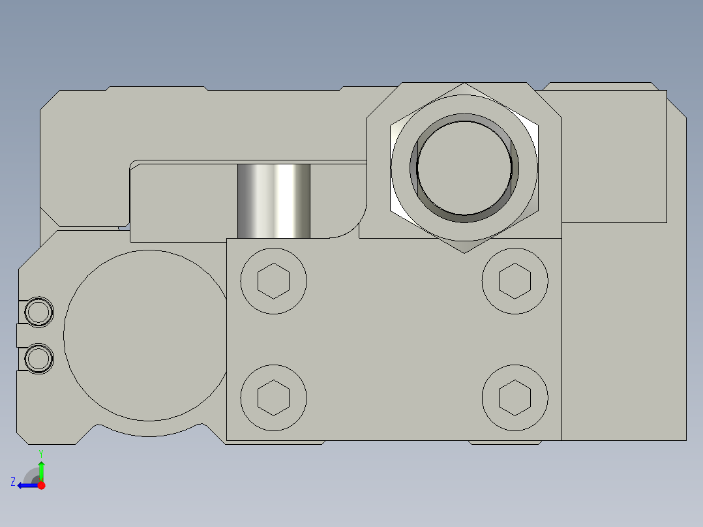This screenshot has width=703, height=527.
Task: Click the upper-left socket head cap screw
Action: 273,280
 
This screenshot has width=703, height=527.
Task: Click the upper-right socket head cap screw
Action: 515,280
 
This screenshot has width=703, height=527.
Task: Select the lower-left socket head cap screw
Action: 273,398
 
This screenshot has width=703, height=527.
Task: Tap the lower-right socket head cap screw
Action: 515,398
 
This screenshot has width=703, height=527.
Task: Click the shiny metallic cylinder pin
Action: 274,201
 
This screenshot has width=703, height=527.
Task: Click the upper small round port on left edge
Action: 38,312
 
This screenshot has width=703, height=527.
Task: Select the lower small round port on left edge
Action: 38,359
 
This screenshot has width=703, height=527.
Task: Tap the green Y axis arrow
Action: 41,468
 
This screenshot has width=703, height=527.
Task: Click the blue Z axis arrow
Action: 26,485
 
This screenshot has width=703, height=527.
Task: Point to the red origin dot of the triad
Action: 41,485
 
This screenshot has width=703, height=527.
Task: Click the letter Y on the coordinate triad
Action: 41,453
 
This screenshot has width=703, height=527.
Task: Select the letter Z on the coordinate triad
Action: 13,482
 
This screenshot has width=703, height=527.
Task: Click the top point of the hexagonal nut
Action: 464,85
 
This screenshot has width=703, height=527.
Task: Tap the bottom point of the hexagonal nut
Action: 464,251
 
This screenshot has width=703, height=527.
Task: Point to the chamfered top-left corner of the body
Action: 50,99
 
